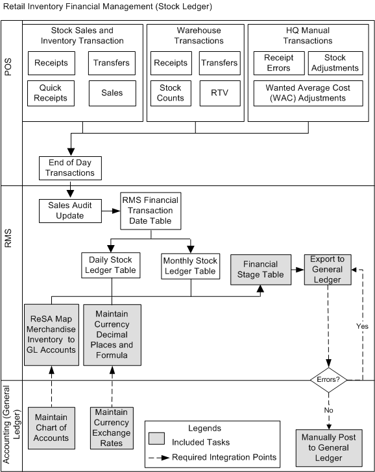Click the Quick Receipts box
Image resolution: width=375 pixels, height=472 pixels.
coord(52,93)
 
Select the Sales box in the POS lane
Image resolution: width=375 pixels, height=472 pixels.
coord(112,93)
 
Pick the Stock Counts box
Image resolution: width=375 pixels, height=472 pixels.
coord(171,93)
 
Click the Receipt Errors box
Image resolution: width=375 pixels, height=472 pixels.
coord(278,63)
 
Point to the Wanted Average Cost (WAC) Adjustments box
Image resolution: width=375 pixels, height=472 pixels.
coord(309,93)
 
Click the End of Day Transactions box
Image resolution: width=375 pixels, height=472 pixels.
coord(70,168)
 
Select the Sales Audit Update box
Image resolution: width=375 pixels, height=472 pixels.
coord(70,210)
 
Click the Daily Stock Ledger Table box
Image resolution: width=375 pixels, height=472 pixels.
coord(112,265)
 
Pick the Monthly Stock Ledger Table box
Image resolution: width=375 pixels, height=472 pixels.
coord(191,265)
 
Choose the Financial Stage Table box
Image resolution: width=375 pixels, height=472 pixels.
coord(261,269)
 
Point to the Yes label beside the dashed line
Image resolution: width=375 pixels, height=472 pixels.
coord(361,326)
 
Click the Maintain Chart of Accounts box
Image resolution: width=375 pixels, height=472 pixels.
coord(52,427)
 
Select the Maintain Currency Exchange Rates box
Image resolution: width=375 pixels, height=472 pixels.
coord(112,427)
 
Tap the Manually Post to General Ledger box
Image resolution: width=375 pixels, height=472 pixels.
coord(328,447)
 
